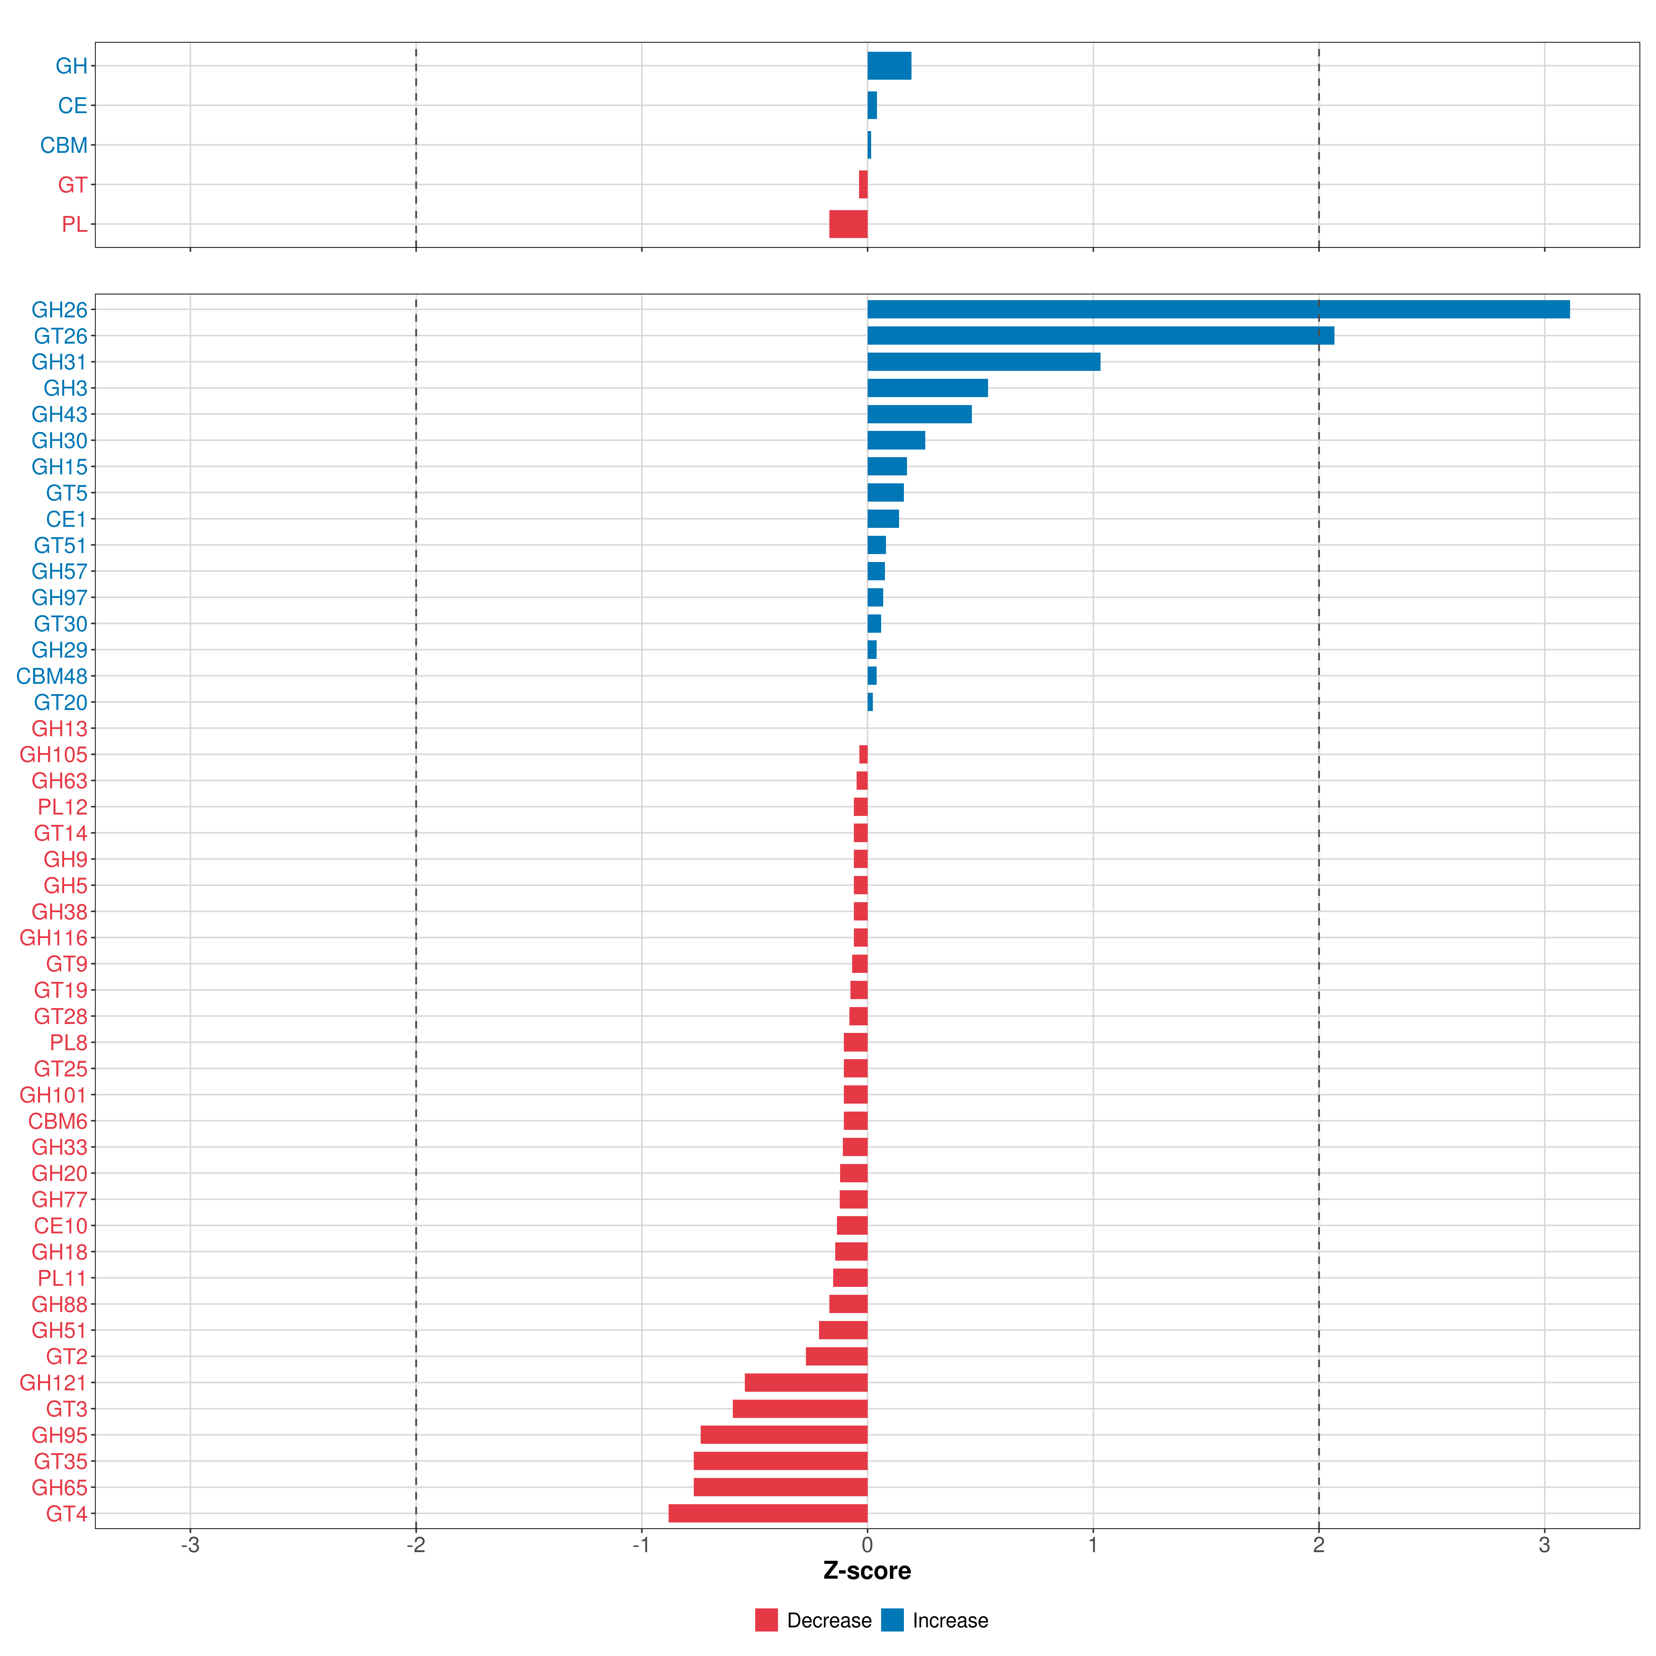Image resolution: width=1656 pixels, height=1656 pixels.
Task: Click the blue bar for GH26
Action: pyautogui.click(x=1217, y=309)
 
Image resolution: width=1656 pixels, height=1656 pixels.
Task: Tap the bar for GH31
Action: pyautogui.click(x=983, y=362)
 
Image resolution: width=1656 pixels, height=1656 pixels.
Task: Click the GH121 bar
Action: pyautogui.click(x=806, y=1382)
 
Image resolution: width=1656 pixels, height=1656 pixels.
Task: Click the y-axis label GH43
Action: pyautogui.click(x=59, y=415)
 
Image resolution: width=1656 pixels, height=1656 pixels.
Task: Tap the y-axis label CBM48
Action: pyautogui.click(x=51, y=676)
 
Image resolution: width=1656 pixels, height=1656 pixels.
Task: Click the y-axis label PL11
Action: pyautogui.click(x=62, y=1278)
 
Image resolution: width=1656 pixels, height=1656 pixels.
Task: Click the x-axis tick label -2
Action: pyautogui.click(x=416, y=1546)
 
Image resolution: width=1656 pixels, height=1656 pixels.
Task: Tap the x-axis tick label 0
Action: pyautogui.click(x=867, y=1546)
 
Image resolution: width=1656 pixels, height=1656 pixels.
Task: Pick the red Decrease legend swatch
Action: pyautogui.click(x=766, y=1620)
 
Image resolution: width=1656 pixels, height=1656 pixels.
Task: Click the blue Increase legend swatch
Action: pyautogui.click(x=892, y=1620)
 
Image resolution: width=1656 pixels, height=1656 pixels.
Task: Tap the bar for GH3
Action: pyautogui.click(x=927, y=388)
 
